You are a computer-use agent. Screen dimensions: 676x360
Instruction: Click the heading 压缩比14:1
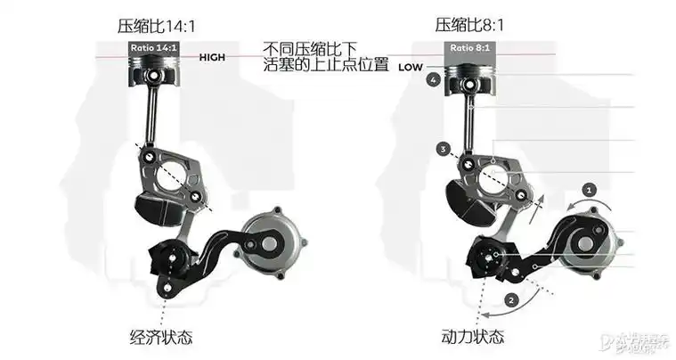[x=156, y=25]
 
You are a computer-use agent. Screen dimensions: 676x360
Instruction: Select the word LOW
[x=410, y=67]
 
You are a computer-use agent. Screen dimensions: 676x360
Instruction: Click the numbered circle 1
[x=588, y=188]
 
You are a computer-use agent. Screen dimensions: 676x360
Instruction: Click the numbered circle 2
[x=510, y=300]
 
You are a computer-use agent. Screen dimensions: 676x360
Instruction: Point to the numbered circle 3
[x=443, y=149]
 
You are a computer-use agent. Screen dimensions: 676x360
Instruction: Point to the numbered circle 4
[x=433, y=80]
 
